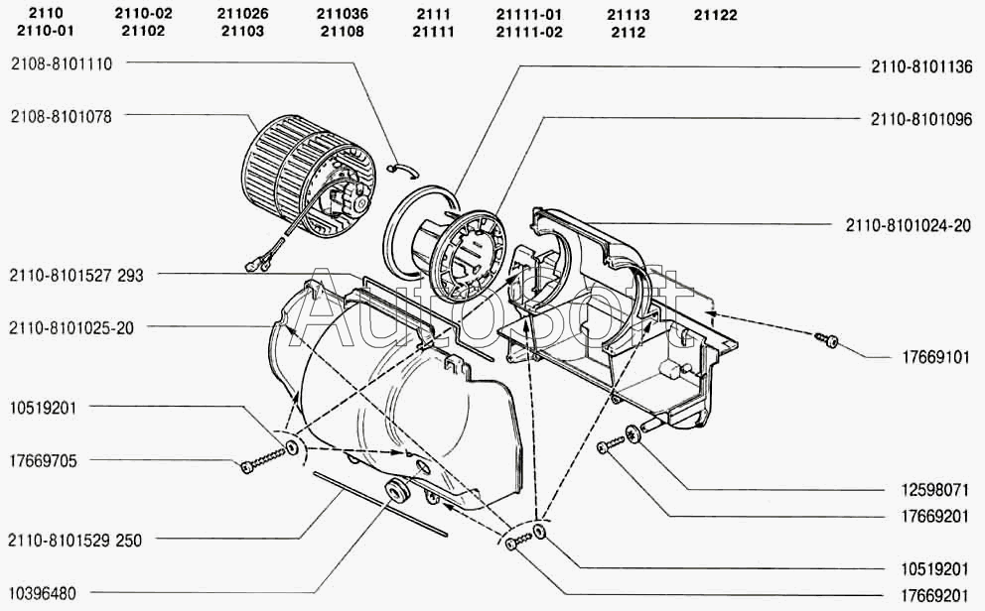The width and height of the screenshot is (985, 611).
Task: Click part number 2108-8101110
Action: coord(62,64)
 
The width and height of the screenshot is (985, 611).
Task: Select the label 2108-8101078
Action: coord(61,117)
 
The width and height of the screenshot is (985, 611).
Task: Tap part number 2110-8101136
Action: coord(921,66)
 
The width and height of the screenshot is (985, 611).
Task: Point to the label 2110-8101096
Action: coord(921,119)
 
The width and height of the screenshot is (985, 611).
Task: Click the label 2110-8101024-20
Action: coord(909,225)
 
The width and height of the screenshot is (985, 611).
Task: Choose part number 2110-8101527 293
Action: coord(76,276)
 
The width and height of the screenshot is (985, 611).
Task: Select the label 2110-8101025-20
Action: coord(71,328)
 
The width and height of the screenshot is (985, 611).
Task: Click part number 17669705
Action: coord(44,461)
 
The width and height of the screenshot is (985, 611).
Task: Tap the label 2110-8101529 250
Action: coord(75,541)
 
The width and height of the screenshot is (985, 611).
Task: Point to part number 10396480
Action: coord(43,593)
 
